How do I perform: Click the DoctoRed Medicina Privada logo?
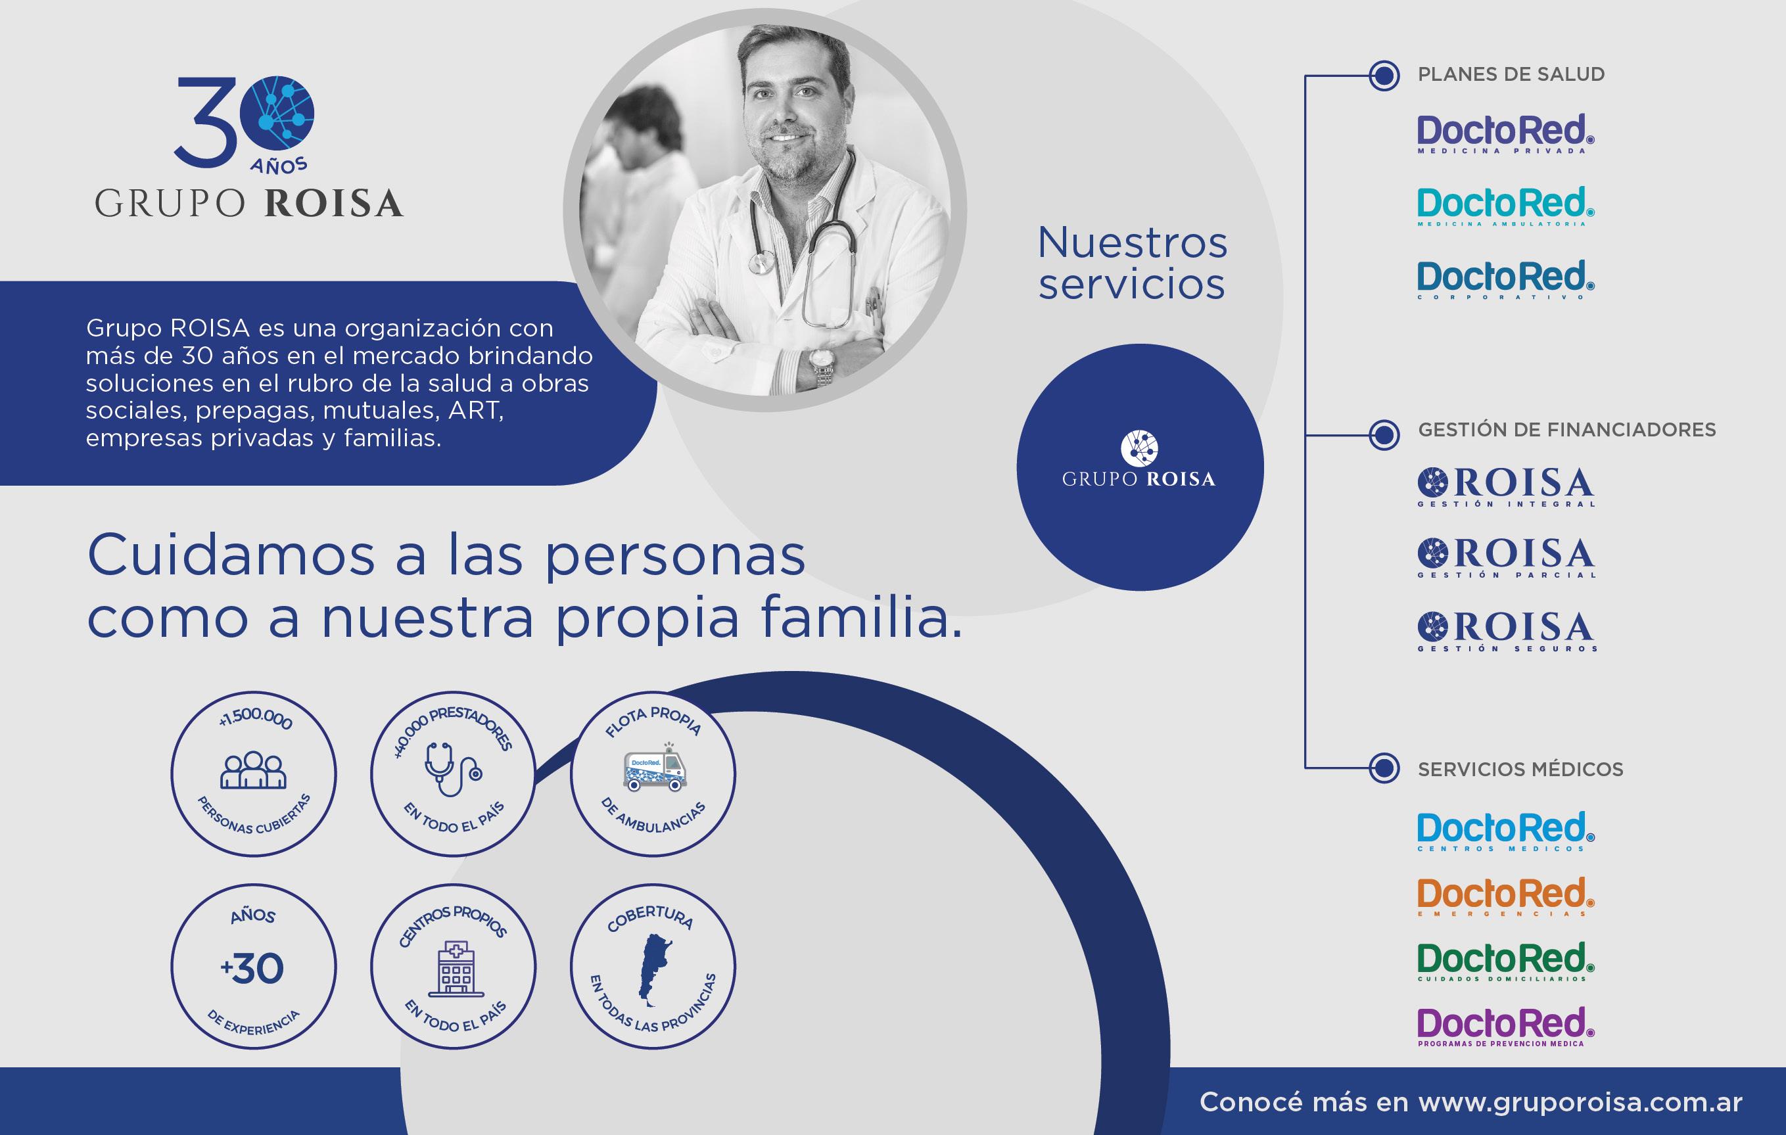pyautogui.click(x=1505, y=133)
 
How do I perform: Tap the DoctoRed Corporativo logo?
pyautogui.click(x=1505, y=279)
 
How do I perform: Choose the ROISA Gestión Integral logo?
pyautogui.click(x=1507, y=486)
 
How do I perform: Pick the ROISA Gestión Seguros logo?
pyautogui.click(x=1507, y=632)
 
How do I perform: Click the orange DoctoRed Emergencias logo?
pyautogui.click(x=1505, y=897)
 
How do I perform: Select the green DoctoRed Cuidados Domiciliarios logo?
pyautogui.click(x=1505, y=961)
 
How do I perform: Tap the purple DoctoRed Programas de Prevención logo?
pyautogui.click(x=1505, y=1027)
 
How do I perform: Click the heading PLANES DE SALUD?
pyautogui.click(x=1511, y=74)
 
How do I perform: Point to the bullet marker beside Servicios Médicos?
pyautogui.click(x=1383, y=768)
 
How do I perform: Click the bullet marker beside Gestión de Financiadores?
pyautogui.click(x=1383, y=434)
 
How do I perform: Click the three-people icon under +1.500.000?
pyautogui.click(x=253, y=770)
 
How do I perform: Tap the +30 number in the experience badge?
pyautogui.click(x=252, y=969)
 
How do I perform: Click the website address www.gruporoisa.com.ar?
pyautogui.click(x=1580, y=1101)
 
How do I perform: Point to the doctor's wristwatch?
pyautogui.click(x=822, y=365)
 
